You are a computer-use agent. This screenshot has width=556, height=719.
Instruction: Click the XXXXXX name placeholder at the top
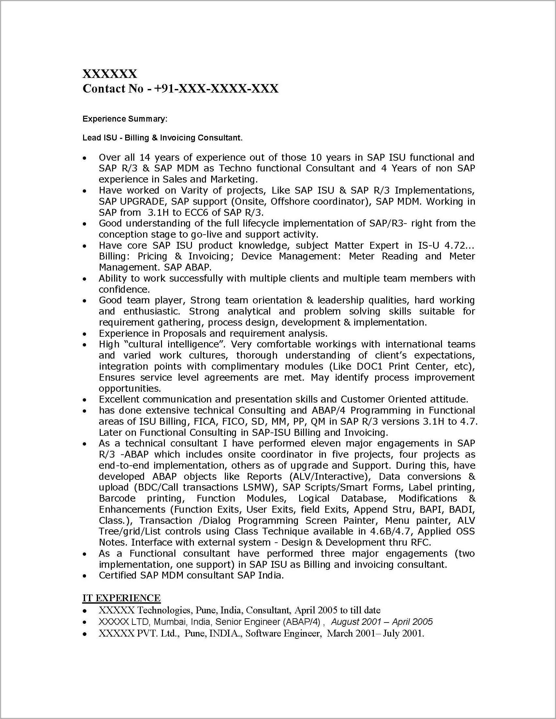point(110,74)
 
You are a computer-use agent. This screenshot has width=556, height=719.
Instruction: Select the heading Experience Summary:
point(125,119)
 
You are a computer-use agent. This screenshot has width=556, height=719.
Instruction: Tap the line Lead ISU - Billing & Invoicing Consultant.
point(162,138)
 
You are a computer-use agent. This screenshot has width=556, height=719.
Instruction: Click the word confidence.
point(124,289)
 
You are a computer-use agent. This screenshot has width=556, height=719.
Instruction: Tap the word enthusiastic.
point(153,311)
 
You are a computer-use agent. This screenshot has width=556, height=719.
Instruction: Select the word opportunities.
point(130,389)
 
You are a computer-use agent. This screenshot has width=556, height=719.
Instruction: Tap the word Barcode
point(117,498)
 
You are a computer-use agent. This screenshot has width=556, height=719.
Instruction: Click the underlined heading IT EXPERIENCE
point(122,598)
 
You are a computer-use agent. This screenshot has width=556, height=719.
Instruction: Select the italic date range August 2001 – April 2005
point(382,622)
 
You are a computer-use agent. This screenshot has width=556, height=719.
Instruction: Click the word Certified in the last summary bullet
point(118,576)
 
